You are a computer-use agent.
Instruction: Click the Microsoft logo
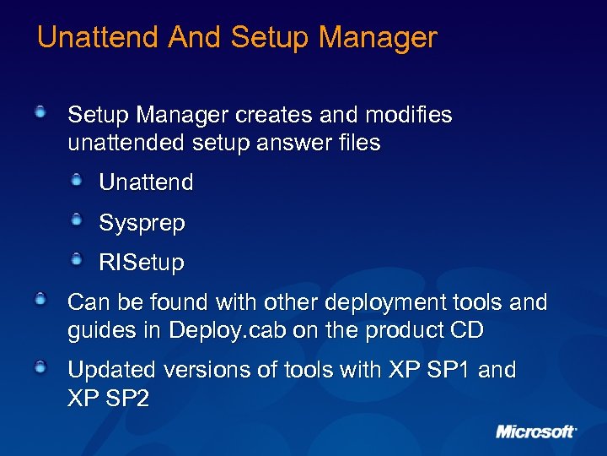click(x=536, y=432)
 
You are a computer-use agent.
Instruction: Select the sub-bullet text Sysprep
click(x=142, y=223)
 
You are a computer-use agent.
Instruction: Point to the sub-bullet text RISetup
click(x=142, y=263)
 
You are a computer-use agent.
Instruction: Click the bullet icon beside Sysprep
click(x=77, y=220)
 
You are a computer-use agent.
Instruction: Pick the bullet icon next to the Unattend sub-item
click(x=77, y=180)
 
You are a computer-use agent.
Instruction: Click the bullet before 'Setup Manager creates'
click(x=41, y=111)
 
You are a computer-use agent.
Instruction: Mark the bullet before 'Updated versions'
click(x=41, y=367)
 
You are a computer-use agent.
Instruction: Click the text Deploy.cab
click(x=228, y=330)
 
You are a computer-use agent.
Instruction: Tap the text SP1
click(x=450, y=370)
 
